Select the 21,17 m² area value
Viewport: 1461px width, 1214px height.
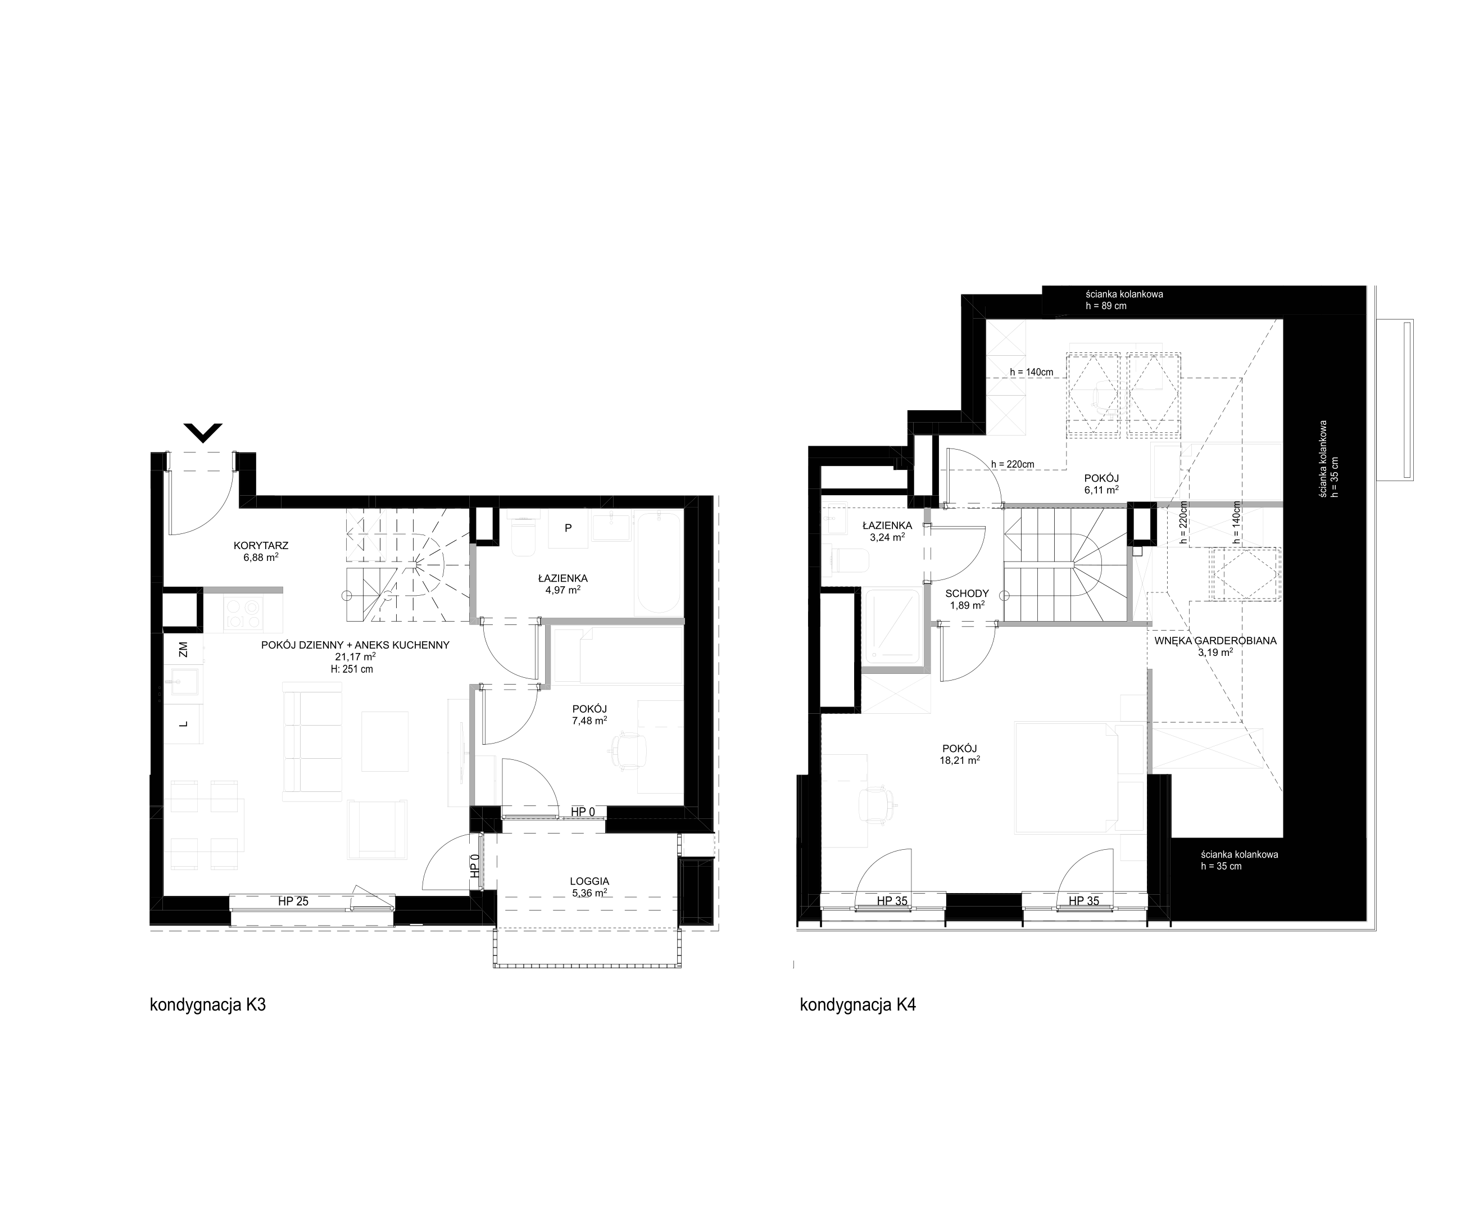point(355,656)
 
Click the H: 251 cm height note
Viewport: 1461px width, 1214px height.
point(352,669)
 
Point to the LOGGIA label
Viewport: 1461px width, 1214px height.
point(589,881)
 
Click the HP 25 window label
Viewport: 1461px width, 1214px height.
point(293,902)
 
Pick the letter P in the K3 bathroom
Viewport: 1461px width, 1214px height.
point(569,528)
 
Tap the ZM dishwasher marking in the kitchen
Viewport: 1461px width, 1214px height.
point(183,650)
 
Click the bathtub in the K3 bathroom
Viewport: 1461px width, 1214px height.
point(658,564)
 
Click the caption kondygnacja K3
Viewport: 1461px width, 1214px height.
point(207,1005)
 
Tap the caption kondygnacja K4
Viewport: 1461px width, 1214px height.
point(858,1005)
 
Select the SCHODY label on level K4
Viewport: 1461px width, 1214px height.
point(967,594)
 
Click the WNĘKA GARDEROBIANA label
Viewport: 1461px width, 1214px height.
point(1215,641)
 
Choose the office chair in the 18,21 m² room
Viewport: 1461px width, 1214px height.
point(877,805)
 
